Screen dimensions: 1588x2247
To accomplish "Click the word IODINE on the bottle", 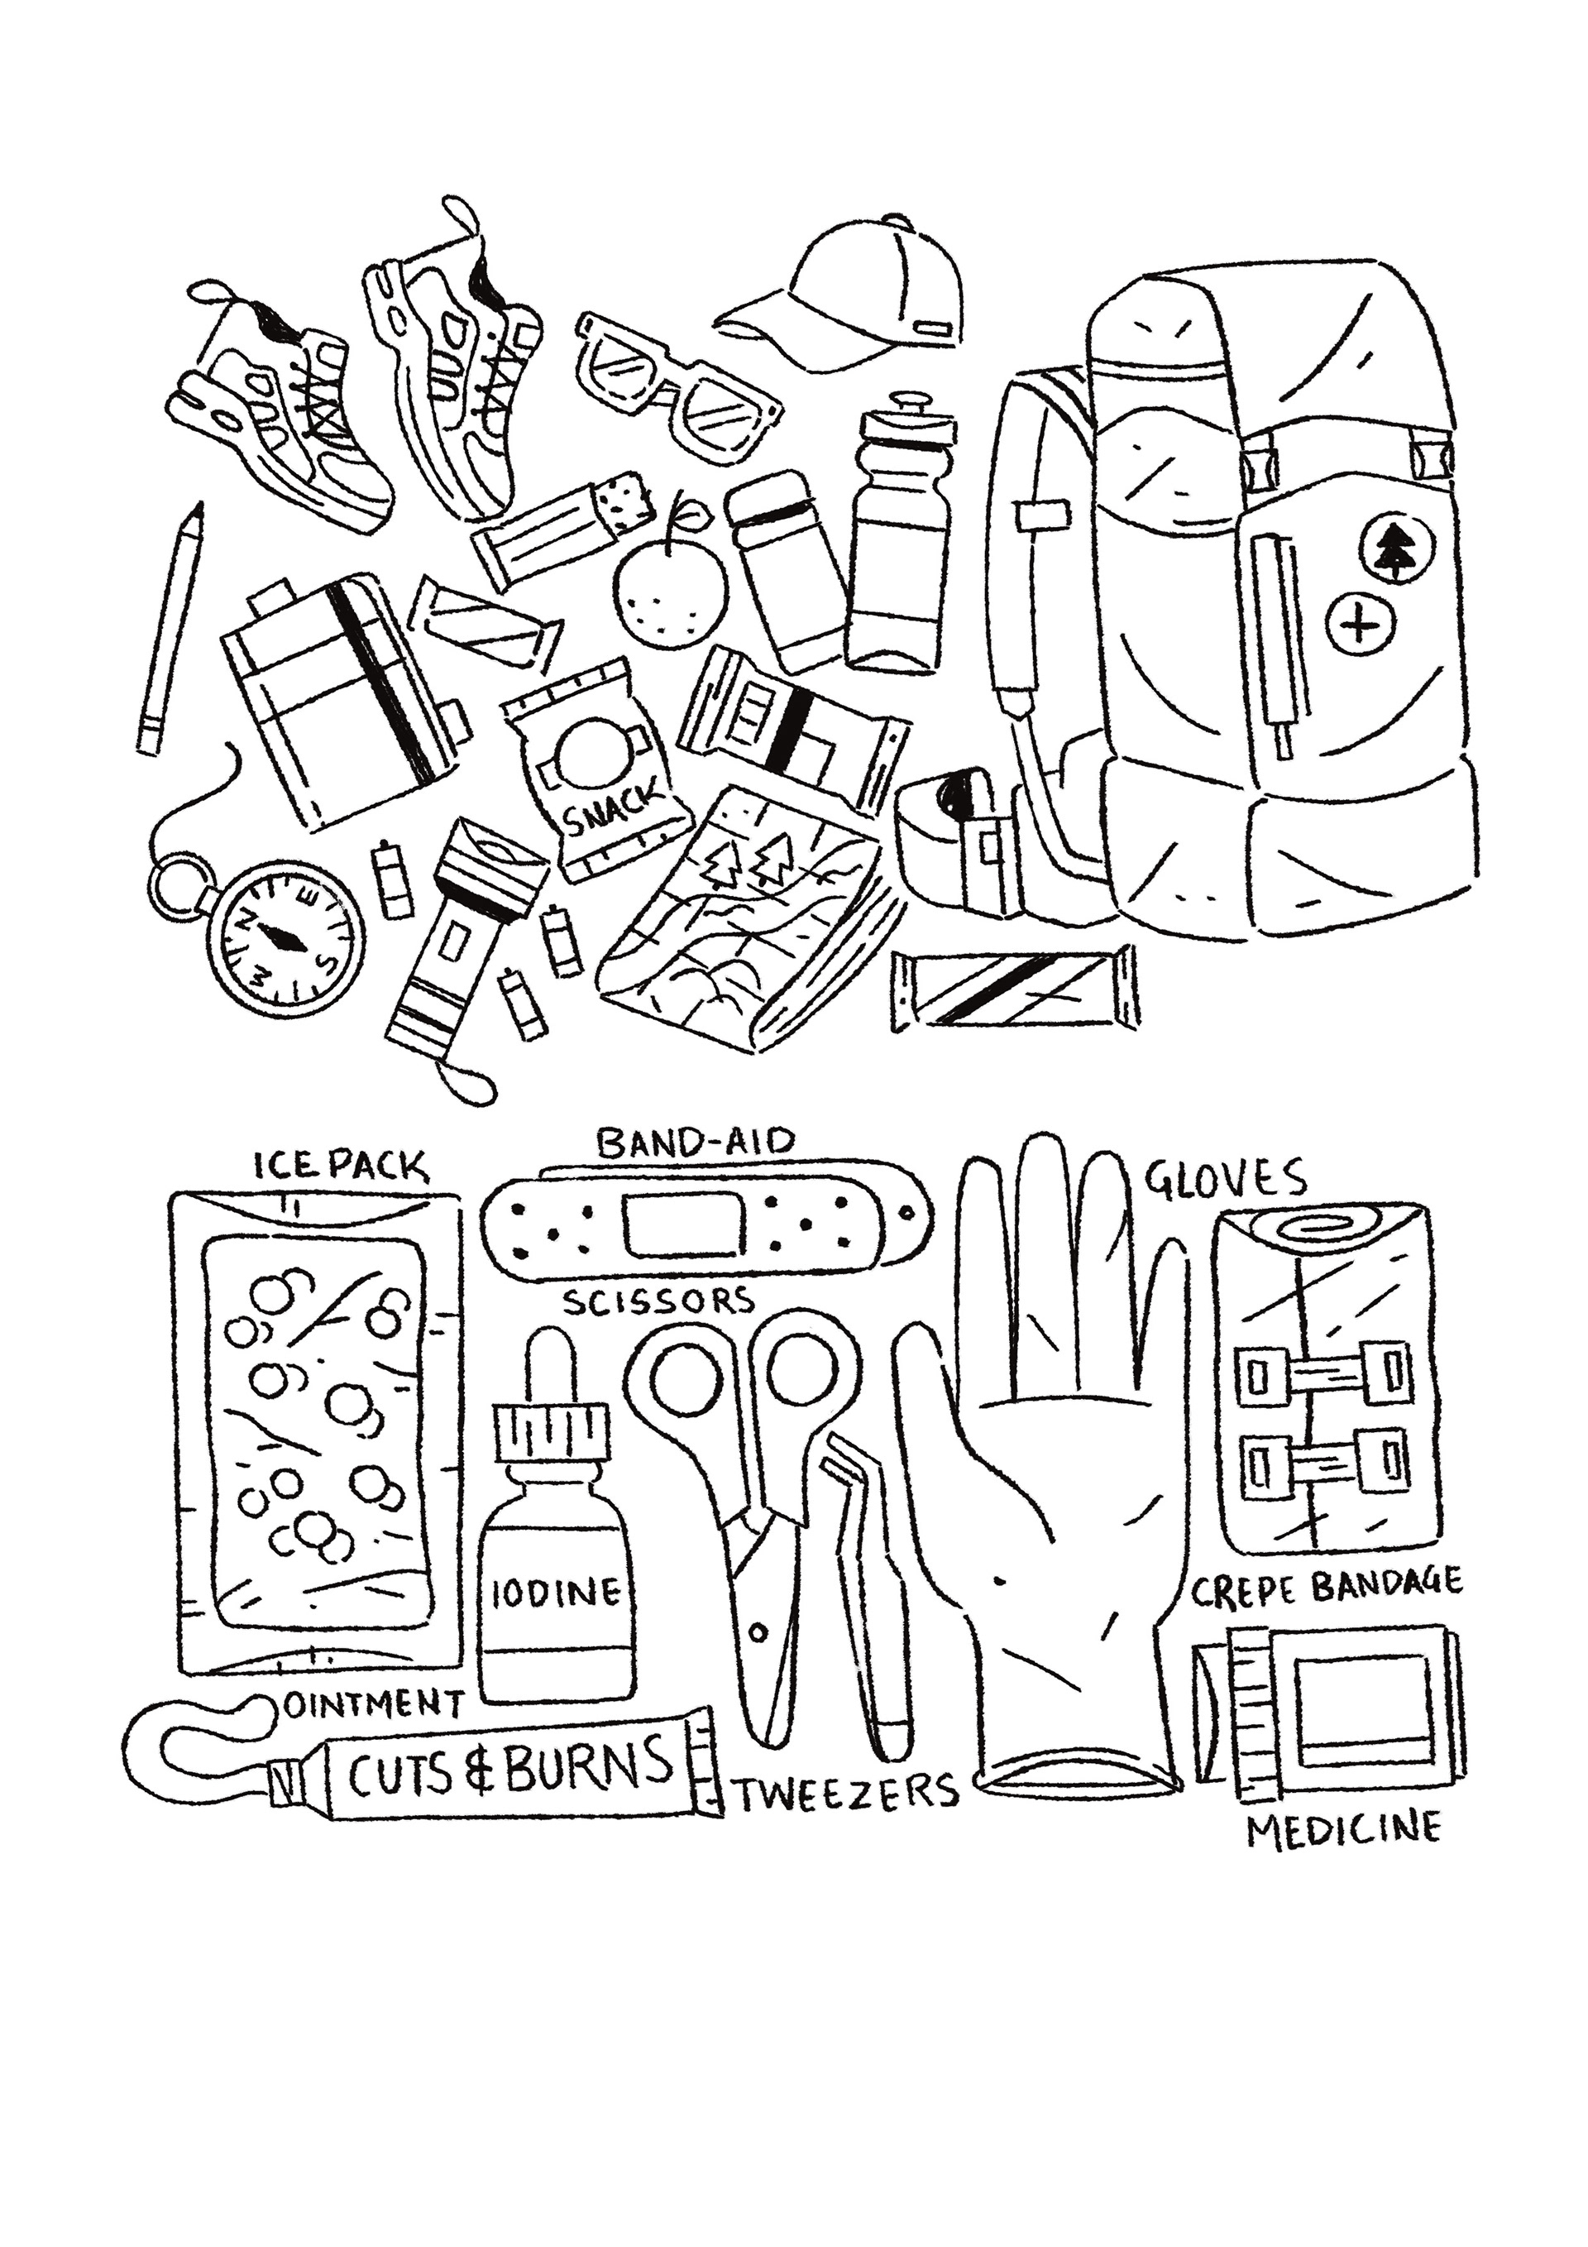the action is (556, 1593).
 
